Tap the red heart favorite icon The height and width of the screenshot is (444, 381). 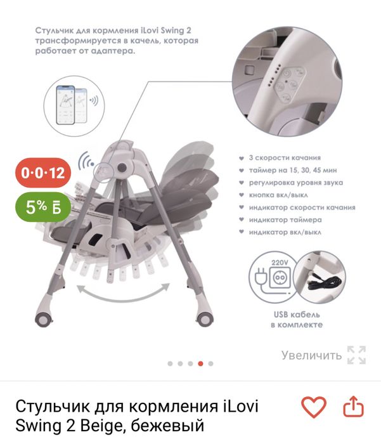[x=313, y=407]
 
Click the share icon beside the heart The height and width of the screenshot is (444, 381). [x=354, y=407]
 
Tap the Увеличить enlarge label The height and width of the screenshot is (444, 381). [x=312, y=355]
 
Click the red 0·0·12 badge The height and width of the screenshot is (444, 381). [x=42, y=173]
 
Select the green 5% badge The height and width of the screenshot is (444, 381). [x=42, y=207]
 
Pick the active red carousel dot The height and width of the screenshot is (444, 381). [x=200, y=363]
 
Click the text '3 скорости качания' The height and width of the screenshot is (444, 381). [x=284, y=158]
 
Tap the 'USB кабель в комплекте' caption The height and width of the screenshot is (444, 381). [x=296, y=319]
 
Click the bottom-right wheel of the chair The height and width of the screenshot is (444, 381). [x=205, y=315]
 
